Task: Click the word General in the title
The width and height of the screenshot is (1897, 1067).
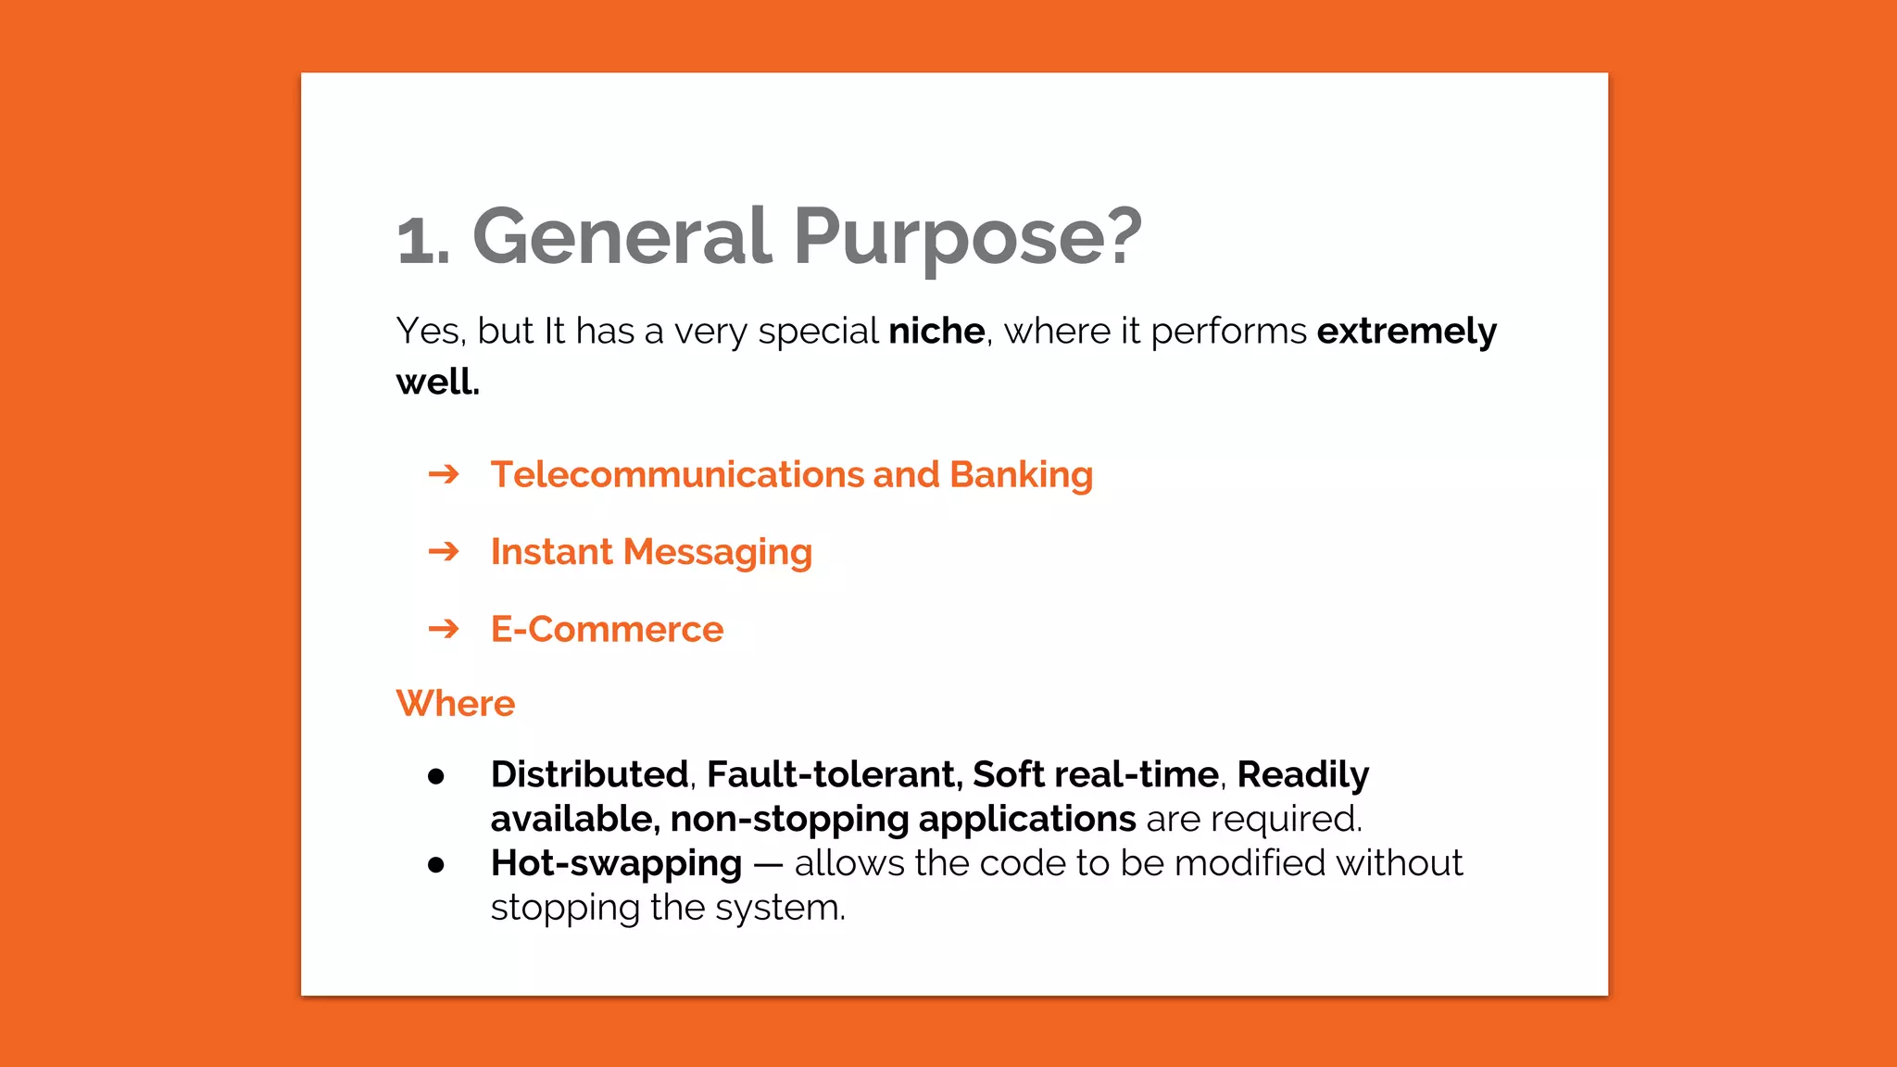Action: pos(622,236)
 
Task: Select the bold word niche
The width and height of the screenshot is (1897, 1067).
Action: pos(936,332)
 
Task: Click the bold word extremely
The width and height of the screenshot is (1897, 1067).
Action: pos(1406,332)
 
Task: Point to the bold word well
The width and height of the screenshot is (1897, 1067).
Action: pos(437,382)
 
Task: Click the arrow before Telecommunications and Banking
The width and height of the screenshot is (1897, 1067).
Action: pos(444,475)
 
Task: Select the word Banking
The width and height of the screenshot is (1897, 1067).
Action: pos(1021,475)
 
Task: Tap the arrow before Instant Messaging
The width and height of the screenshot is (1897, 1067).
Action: pos(444,552)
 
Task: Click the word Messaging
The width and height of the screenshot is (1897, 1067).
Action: pos(717,553)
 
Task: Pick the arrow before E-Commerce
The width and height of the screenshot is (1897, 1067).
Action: pos(444,630)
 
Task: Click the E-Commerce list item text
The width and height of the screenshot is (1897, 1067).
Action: pos(607,630)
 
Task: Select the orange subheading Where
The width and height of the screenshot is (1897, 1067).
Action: pos(455,704)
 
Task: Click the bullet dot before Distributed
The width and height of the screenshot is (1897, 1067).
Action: pos(436,776)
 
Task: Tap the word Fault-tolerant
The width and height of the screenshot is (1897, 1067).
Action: pos(834,774)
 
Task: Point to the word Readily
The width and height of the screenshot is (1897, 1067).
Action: pos(1302,775)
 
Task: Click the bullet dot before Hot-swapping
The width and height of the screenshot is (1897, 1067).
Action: pos(436,865)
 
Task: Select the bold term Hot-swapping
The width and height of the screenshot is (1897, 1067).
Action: pos(616,864)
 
